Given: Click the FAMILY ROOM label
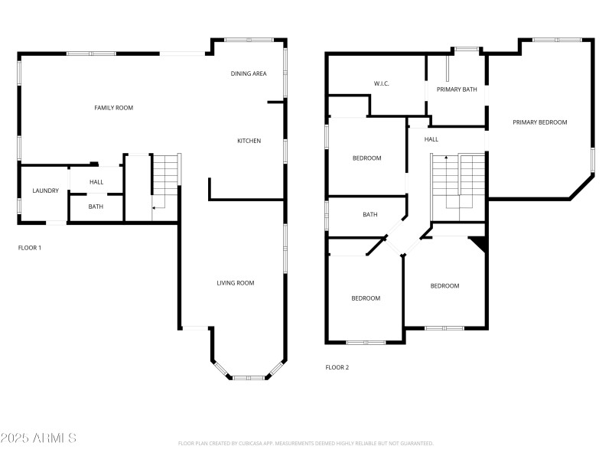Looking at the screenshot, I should [113, 108].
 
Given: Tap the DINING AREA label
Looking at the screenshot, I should [249, 73].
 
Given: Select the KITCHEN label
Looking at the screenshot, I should [249, 141].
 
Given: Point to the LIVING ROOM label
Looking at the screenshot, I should [235, 283].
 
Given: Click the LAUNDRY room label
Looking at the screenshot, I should [45, 190].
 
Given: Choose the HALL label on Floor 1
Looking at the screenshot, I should [96, 182].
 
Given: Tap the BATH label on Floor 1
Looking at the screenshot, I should [96, 207].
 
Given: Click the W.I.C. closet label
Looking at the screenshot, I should [382, 83].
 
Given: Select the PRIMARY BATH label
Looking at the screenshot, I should [457, 90].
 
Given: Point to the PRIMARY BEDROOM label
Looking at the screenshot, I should [540, 122].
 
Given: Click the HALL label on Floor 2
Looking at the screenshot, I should [431, 139].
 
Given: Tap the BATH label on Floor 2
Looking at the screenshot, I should [370, 215].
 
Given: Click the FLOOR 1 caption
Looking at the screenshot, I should [30, 248].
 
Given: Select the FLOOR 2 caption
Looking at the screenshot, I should [337, 367].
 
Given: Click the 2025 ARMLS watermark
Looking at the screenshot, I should [38, 438].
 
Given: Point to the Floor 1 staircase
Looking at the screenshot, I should [166, 180].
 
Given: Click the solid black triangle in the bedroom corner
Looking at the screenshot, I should [479, 243].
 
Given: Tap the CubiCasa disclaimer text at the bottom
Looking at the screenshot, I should [306, 443].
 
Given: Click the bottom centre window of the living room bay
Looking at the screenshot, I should [249, 377].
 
